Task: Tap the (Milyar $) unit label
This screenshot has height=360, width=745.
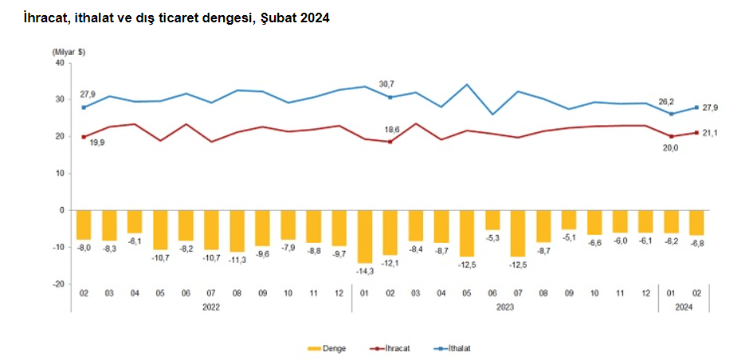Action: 69,52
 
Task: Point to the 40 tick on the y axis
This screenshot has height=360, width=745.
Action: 59,63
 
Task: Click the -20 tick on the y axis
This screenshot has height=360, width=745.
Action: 57,284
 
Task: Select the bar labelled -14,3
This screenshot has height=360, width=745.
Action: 364,237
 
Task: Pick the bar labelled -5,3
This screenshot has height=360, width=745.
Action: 492,220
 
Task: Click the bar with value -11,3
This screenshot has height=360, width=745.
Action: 237,231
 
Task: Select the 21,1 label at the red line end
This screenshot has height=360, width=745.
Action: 709,133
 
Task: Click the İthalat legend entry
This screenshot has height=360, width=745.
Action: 461,348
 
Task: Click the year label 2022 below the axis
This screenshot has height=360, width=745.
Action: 210,306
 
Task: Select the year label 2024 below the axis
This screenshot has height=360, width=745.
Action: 684,306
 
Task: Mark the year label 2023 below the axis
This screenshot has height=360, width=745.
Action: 504,306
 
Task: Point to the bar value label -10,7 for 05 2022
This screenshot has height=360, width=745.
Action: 159,258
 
